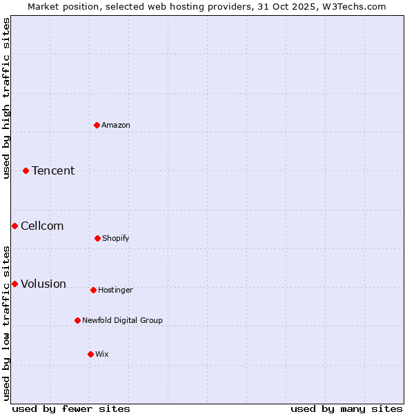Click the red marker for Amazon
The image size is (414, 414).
(x=97, y=125)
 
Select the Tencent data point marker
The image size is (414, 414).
(x=26, y=170)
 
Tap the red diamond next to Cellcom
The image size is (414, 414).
(x=14, y=226)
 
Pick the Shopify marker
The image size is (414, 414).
(x=97, y=238)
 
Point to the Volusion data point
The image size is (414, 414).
(x=14, y=284)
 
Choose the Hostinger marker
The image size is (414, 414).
(x=93, y=290)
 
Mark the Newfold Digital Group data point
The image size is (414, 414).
(x=77, y=320)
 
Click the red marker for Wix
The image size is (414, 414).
(x=90, y=354)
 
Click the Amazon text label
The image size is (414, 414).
(x=116, y=125)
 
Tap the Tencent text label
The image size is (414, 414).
(x=53, y=170)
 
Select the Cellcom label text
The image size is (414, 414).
(x=42, y=226)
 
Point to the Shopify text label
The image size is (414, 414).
(x=116, y=238)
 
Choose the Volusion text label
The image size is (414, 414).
(x=43, y=284)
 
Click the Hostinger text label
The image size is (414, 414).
(x=115, y=290)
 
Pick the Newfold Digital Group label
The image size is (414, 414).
(x=122, y=320)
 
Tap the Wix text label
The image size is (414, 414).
(x=102, y=354)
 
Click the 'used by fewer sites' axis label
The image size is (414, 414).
(x=71, y=408)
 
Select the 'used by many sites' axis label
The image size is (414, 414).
(x=346, y=408)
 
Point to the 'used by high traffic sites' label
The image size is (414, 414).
(x=6, y=98)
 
